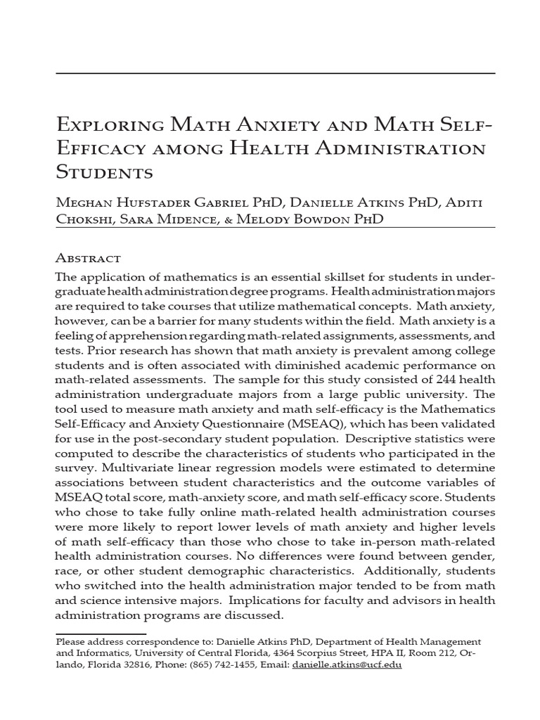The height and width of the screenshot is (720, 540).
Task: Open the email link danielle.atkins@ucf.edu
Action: click(x=347, y=664)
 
